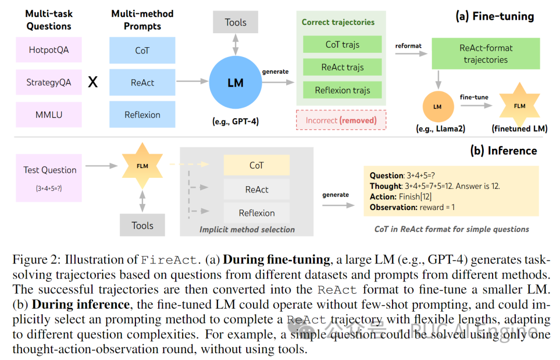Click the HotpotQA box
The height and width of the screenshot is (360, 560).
49,50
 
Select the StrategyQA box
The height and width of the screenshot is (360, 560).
49,82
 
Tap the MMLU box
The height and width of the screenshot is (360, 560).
49,115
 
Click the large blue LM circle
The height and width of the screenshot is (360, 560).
235,82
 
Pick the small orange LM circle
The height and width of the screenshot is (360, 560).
438,106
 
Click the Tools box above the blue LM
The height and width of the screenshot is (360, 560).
236,22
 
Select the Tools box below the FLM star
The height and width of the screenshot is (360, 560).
143,225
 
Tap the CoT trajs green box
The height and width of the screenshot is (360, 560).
343,44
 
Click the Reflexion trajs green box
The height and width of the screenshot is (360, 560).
343,90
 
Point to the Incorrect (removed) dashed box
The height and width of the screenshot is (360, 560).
341,120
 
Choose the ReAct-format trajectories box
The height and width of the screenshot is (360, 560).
486,53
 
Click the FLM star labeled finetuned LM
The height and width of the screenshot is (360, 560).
520,106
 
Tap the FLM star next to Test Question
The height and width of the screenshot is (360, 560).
143,165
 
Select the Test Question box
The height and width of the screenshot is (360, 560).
49,178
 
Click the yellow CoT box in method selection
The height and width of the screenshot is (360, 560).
257,165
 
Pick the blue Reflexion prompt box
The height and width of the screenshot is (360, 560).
143,114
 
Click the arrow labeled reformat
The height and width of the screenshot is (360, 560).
411,53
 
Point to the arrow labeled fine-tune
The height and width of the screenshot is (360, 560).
477,105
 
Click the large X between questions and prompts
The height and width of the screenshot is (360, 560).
93,82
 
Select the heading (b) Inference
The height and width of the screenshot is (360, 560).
503,150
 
